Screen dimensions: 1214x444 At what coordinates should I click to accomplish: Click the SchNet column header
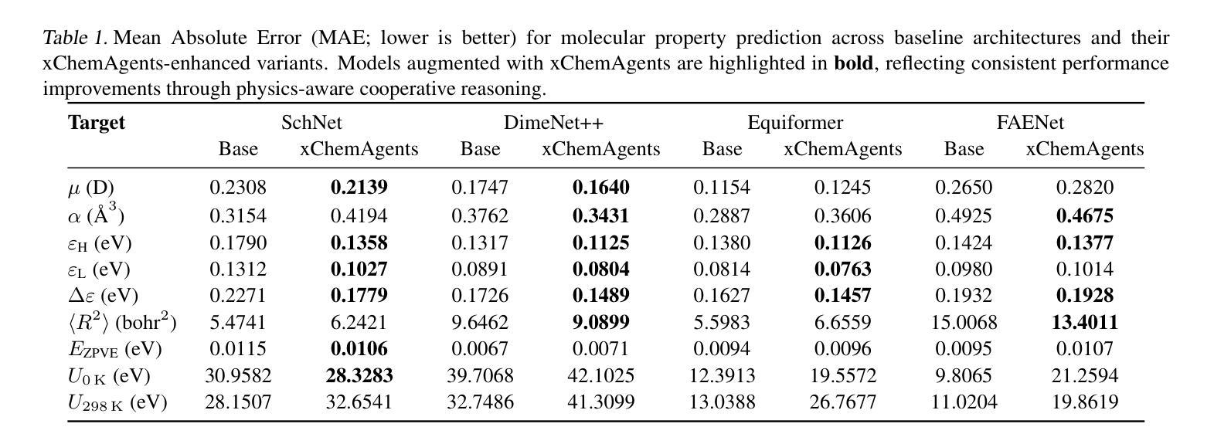[311, 122]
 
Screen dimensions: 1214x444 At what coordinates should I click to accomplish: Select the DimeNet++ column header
[553, 122]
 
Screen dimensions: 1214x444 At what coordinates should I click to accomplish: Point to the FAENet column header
[1030, 122]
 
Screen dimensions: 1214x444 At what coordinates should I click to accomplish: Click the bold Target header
[97, 123]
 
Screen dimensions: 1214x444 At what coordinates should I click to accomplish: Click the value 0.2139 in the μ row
[359, 188]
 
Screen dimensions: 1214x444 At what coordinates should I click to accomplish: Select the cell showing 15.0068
[964, 322]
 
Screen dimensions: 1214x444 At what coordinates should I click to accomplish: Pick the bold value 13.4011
[1084, 322]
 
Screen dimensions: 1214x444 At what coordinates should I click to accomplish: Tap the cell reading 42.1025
[601, 375]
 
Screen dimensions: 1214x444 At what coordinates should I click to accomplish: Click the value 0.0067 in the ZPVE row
[480, 348]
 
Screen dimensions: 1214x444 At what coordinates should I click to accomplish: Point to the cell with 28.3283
[359, 375]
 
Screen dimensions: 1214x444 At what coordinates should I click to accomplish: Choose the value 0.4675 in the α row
[1084, 215]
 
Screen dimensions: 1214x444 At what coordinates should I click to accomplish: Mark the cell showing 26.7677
[843, 402]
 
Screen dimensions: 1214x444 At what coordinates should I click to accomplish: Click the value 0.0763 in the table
[843, 269]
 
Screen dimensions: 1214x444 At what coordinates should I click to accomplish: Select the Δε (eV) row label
[103, 296]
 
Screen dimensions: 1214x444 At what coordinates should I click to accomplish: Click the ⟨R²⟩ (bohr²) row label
[122, 322]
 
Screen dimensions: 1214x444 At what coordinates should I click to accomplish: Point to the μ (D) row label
[91, 188]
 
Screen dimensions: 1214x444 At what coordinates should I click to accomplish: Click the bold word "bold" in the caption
[854, 63]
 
